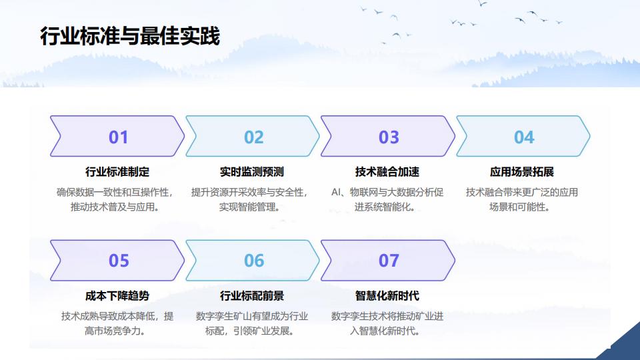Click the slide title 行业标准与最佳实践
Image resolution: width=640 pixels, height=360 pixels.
(129, 36)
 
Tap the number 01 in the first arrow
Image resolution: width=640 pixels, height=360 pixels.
(118, 137)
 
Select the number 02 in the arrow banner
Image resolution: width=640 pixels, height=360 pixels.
(253, 137)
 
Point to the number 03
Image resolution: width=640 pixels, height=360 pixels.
(389, 137)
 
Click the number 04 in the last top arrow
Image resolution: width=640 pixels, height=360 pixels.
(524, 137)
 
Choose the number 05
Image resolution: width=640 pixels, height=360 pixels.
(118, 261)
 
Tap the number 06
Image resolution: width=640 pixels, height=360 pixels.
(253, 261)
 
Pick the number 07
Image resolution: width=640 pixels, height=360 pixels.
(389, 261)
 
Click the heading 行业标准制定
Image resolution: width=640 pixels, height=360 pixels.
(117, 172)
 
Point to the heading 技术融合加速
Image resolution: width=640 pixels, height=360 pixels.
(387, 172)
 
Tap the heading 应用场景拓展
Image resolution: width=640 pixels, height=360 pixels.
(522, 172)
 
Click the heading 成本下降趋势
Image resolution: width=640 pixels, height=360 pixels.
(117, 295)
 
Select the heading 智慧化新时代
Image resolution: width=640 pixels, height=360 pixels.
(387, 295)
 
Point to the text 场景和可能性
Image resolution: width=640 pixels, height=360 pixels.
(519, 207)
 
